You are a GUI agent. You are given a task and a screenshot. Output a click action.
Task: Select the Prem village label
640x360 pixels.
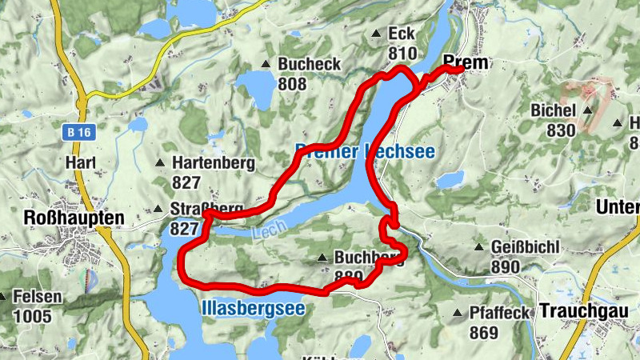465,62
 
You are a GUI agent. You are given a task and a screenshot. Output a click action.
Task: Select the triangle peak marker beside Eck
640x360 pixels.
376,34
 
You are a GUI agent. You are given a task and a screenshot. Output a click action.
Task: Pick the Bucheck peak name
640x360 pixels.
309,64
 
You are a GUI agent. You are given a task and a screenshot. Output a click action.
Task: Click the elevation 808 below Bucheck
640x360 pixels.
294,82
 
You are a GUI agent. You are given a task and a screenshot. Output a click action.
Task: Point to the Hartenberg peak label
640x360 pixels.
213,163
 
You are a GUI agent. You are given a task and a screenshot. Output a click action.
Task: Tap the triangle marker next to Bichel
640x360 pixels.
588,110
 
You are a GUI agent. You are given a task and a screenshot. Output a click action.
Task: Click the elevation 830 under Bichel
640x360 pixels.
562,130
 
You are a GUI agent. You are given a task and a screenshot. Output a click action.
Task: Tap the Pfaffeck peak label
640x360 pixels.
500,313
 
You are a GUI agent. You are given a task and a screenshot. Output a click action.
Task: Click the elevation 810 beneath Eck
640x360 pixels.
402,54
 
